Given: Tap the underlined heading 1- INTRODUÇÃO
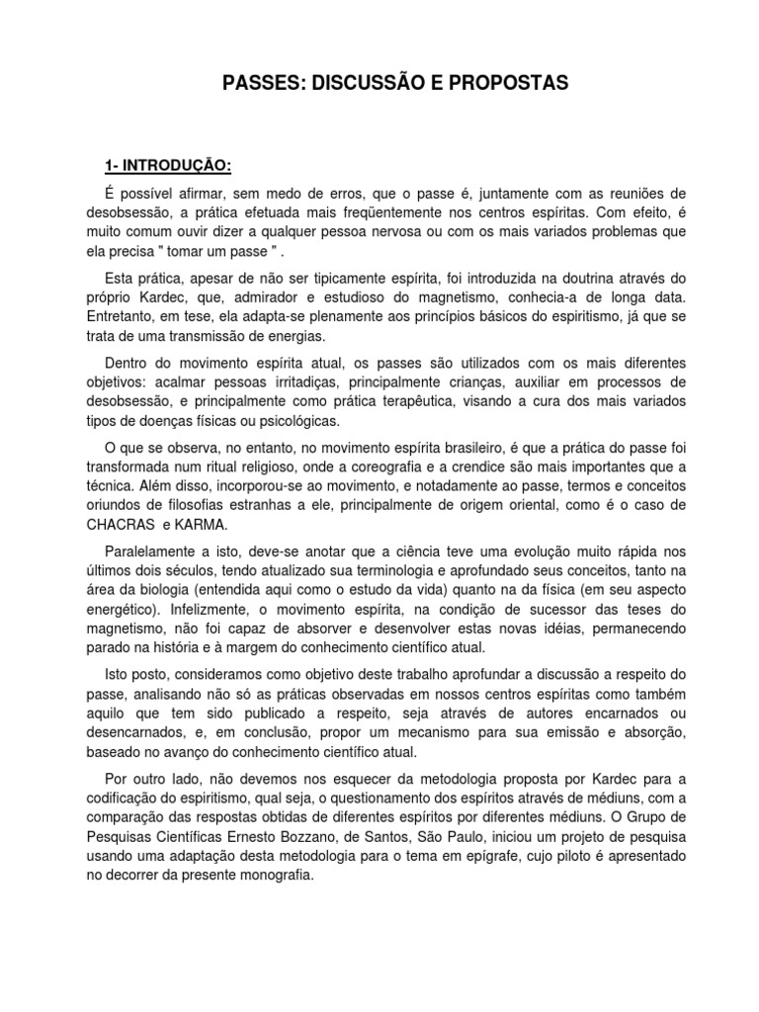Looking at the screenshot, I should (168, 164).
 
